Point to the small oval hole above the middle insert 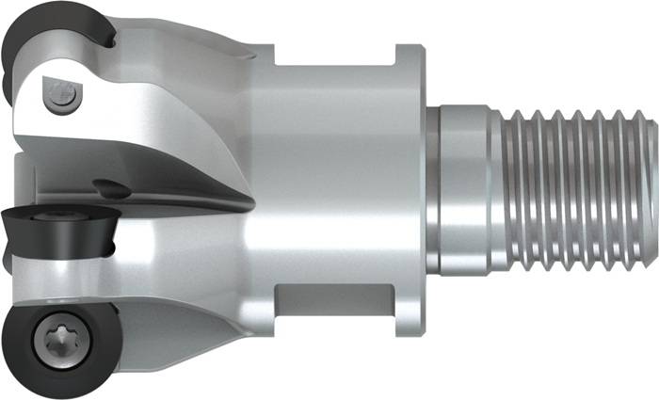click(x=113, y=187)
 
